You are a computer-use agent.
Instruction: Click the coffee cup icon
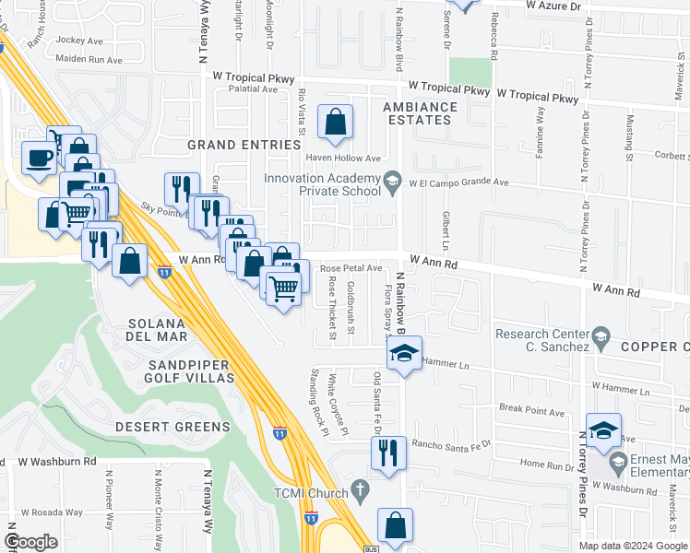click(39, 158)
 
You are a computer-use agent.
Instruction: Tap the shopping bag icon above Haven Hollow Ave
click(335, 123)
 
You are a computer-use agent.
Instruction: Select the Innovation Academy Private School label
click(322, 184)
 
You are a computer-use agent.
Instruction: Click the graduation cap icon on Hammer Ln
click(403, 354)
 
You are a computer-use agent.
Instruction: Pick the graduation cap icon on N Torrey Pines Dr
click(603, 430)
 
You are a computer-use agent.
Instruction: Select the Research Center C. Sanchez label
click(542, 340)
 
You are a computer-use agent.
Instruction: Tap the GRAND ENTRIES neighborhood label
click(244, 145)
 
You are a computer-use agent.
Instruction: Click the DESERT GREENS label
click(172, 427)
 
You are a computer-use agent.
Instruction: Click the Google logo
click(30, 542)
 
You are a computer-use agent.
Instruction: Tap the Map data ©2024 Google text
click(632, 546)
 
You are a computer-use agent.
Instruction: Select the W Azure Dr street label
click(557, 6)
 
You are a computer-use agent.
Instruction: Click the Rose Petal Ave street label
click(351, 268)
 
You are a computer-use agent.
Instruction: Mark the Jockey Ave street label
click(80, 41)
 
